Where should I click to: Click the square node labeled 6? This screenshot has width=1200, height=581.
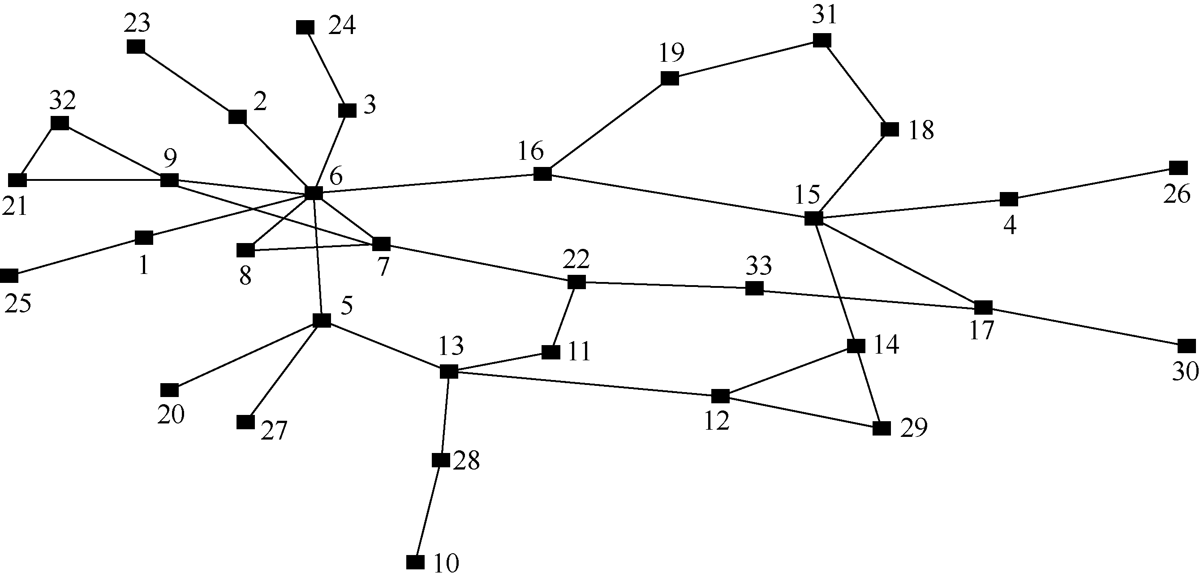[x=313, y=193]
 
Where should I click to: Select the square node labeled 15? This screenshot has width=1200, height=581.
[x=813, y=218]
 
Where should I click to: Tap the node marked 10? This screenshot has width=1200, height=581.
[x=415, y=562]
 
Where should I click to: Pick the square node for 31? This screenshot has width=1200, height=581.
[x=822, y=40]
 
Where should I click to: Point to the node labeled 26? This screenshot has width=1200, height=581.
[x=1178, y=167]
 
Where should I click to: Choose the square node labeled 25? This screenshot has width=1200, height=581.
[x=9, y=276]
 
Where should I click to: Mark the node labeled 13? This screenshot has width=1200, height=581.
[x=449, y=372]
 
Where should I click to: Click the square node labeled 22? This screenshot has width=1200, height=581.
[x=576, y=282]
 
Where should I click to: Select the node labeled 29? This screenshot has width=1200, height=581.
[x=882, y=428]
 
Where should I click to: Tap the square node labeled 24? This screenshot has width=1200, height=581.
[x=305, y=27]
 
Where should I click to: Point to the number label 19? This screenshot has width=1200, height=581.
[x=672, y=53]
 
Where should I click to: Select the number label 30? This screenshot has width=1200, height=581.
[x=1185, y=372]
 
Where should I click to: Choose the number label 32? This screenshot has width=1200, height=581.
[x=62, y=101]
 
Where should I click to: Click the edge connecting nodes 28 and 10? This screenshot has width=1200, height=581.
[x=428, y=511]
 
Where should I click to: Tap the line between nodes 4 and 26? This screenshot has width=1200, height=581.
[x=1093, y=184]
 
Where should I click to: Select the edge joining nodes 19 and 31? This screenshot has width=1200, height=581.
[x=746, y=60]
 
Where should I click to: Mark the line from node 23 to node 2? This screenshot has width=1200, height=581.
[x=186, y=81]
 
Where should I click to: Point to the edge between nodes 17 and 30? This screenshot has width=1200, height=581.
[x=1084, y=327]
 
